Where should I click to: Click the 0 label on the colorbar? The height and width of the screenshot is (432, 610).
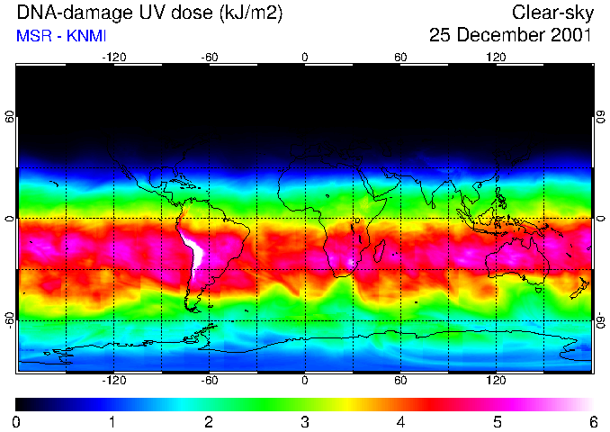[x=17, y=421]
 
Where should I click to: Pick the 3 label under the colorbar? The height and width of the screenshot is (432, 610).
[x=304, y=421]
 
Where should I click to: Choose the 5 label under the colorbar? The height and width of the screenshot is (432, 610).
[x=496, y=421]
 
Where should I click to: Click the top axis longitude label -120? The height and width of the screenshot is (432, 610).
[x=113, y=58]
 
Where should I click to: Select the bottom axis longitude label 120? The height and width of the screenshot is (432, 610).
[x=496, y=380]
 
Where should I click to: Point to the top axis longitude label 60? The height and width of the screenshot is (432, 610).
[x=400, y=58]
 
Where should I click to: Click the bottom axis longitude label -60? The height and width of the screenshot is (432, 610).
[x=209, y=380]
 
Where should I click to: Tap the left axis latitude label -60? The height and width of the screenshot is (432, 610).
[x=10, y=319]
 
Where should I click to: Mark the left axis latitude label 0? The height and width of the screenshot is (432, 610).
[x=10, y=219]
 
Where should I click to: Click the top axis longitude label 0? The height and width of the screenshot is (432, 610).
[x=305, y=58]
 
